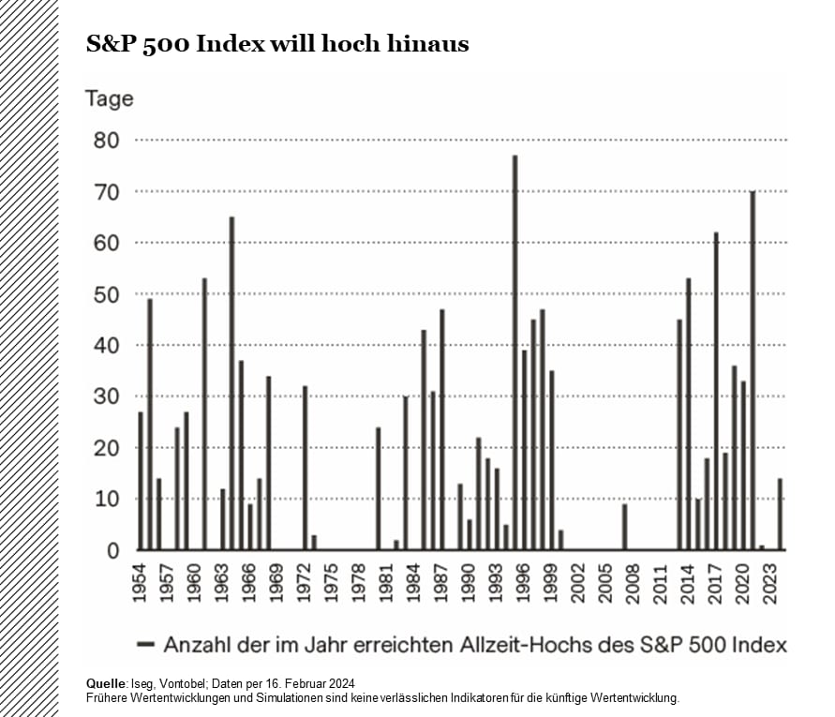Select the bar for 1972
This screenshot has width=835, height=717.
(305, 468)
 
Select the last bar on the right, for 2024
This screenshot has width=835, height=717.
(780, 515)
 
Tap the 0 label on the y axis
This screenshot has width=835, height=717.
(113, 551)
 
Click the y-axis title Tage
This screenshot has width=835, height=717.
(109, 98)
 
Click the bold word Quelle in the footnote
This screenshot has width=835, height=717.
(104, 682)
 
